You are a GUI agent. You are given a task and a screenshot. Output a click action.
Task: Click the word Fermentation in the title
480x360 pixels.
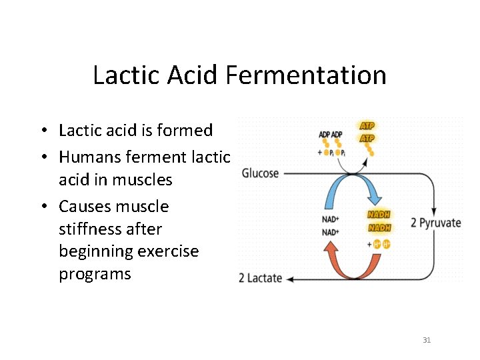pos(306,75)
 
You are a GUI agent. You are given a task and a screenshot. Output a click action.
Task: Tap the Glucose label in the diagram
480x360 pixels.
pos(260,173)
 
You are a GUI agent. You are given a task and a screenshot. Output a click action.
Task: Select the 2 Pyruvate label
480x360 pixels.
pos(435,223)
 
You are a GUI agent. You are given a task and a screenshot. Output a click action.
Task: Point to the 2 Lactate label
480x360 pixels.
pos(260,278)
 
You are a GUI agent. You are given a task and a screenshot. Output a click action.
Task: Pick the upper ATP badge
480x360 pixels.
pos(367,125)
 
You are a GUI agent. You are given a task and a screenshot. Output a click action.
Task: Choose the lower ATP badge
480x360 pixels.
pos(367,138)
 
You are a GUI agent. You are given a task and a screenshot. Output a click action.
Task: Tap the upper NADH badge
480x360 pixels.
pos(379,215)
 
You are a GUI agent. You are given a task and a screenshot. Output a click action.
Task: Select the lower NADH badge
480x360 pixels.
pos(379,228)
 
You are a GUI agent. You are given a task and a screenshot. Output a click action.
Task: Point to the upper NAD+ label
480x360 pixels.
pos(330,219)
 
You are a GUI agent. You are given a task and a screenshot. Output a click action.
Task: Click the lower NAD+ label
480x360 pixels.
pos(330,232)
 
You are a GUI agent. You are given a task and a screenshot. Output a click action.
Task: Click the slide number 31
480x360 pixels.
pos(427,340)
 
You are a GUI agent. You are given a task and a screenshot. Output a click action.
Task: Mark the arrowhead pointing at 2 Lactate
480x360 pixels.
pos(291,278)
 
